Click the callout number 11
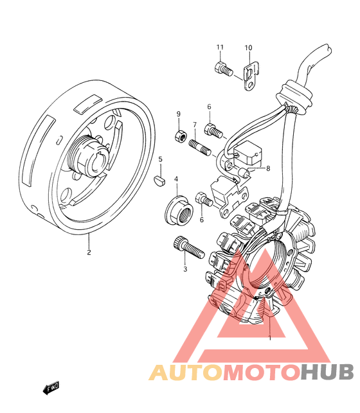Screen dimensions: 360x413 (220, 47)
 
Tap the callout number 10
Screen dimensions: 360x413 (248, 48)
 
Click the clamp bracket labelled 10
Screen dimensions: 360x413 (251, 76)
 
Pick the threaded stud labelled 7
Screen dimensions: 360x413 (200, 148)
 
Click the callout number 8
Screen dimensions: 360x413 (268, 168)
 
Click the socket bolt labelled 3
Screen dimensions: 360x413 (189, 247)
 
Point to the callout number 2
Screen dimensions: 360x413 (89, 252)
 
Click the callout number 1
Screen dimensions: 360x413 (269, 337)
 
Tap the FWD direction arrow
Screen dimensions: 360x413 (51, 388)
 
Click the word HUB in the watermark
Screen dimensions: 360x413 (327, 372)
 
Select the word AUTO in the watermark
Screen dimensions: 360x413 (186, 372)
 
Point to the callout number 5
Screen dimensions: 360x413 (160, 159)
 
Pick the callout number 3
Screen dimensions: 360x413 (185, 269)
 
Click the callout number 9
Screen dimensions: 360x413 (179, 114)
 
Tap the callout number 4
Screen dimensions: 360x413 (176, 179)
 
